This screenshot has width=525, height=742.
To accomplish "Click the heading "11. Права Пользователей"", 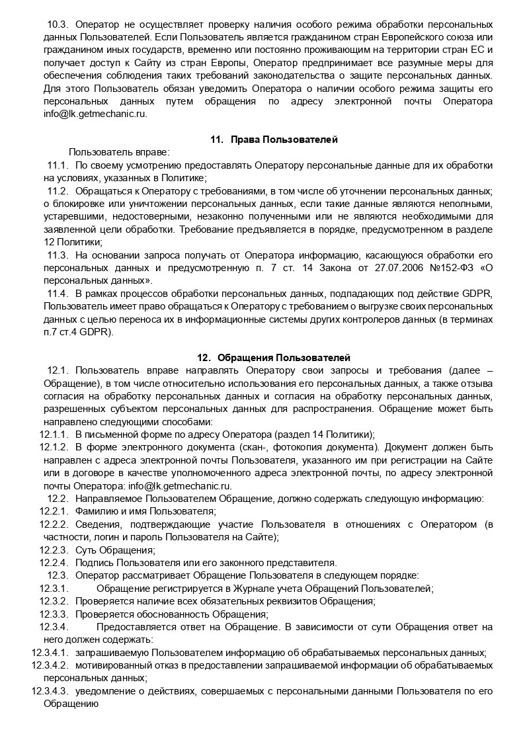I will click(274, 140).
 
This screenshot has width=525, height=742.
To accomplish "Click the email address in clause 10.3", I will click(95, 113).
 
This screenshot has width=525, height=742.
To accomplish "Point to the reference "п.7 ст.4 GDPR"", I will click(79, 333).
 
